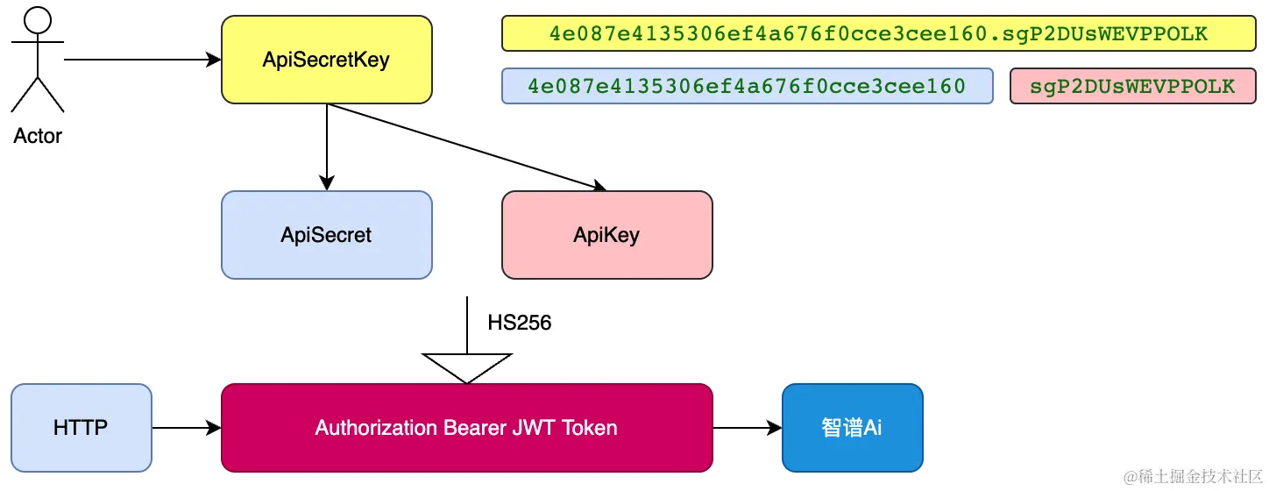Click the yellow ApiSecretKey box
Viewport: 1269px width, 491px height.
327,60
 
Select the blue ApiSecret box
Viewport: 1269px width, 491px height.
327,235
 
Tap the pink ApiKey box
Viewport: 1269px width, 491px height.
606,235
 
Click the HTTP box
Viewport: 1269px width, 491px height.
81,428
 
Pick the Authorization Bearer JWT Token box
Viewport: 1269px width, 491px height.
467,428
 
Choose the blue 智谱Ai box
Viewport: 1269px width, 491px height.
852,428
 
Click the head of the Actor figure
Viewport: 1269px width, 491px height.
38,20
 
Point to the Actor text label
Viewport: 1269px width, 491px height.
38,136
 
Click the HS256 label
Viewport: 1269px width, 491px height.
519,323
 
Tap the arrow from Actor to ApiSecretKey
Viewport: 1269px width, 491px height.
142,60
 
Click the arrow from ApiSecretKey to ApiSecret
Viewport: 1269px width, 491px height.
327,146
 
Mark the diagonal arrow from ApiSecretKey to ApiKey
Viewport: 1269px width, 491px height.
467,146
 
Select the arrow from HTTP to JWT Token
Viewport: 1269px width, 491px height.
187,428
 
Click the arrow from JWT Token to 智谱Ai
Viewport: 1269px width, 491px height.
748,428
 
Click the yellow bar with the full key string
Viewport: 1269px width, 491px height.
879,33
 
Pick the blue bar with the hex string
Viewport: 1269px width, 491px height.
748,86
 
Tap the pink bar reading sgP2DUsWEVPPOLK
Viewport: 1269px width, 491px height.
1133,86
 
